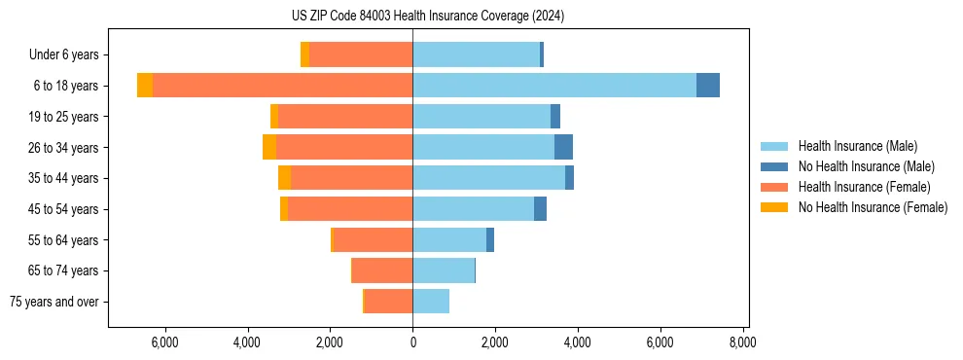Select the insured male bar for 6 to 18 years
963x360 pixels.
[554, 86]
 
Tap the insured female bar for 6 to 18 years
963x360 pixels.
[282, 86]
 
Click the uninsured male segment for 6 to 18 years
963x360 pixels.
[708, 86]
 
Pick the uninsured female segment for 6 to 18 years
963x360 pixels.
[145, 86]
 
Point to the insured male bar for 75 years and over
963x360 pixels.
[431, 302]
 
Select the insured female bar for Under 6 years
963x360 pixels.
[361, 54]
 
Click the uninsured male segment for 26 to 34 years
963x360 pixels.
[563, 147]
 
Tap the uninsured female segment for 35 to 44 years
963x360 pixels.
[284, 178]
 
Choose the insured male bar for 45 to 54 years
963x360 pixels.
[473, 209]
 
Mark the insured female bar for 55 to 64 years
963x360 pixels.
[373, 240]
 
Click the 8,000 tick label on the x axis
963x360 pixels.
[743, 342]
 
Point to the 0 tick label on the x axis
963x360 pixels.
[412, 342]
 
